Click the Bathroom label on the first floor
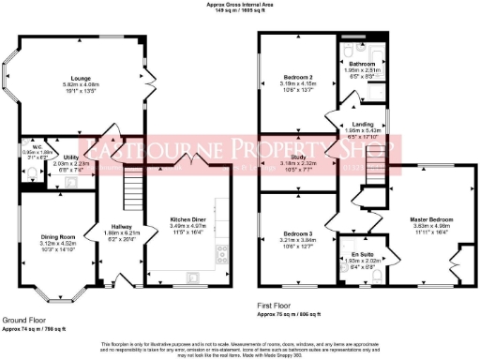click(363, 64)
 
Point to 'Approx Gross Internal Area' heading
click(240, 4)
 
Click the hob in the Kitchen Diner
click(220, 251)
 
